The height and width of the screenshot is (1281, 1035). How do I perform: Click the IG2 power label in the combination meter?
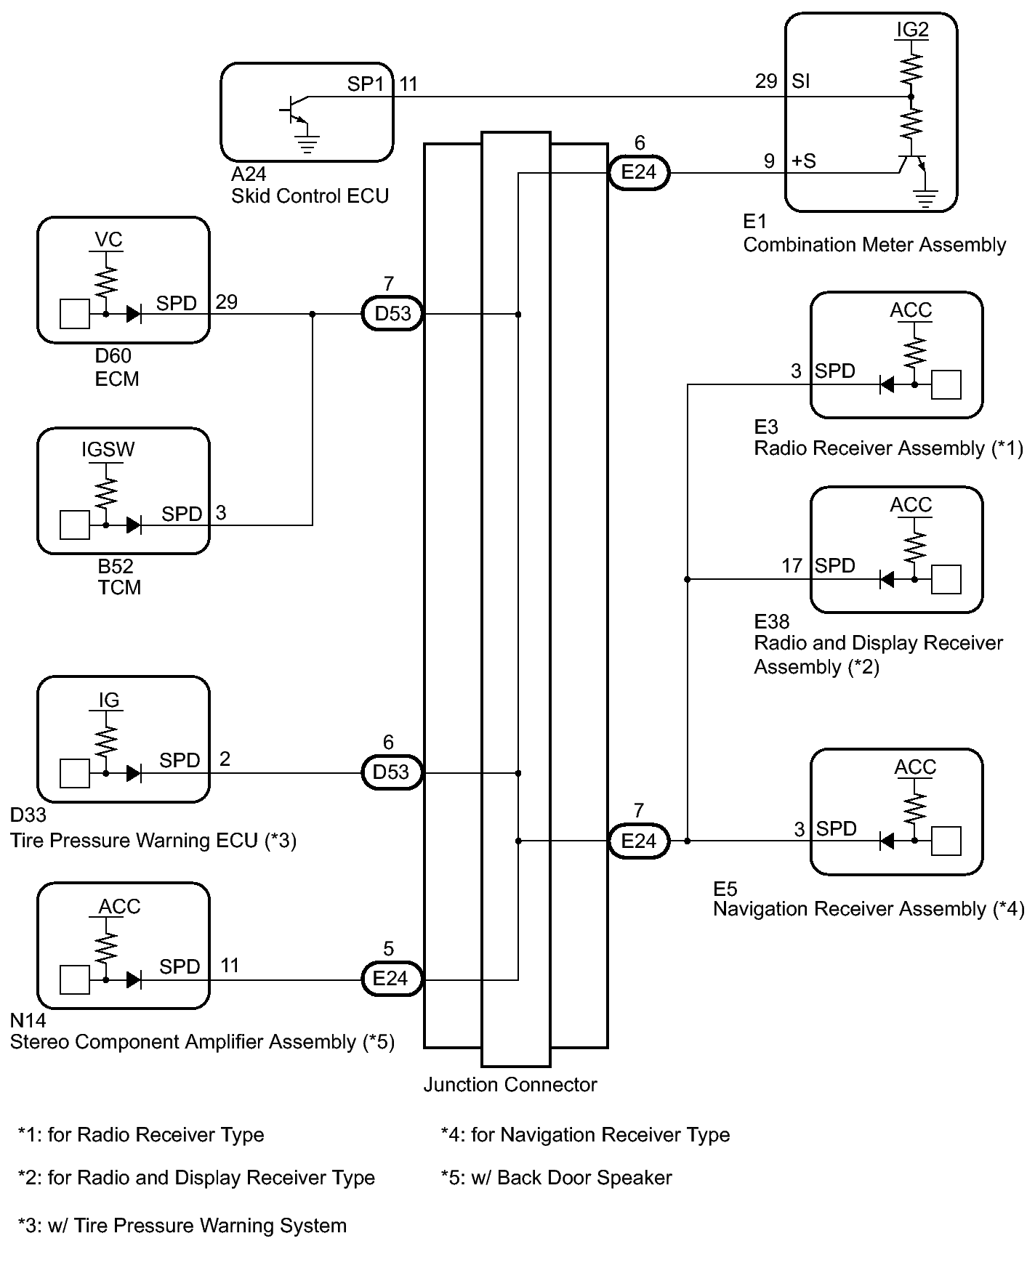(x=912, y=30)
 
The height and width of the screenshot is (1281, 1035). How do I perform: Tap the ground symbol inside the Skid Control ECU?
(x=308, y=145)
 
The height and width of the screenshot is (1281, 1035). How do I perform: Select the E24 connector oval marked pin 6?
(x=638, y=173)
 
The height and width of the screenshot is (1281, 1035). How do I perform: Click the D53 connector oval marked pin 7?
(x=392, y=314)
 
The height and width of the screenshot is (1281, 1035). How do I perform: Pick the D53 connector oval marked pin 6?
(x=391, y=772)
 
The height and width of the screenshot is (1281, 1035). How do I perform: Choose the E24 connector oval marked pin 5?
(x=391, y=978)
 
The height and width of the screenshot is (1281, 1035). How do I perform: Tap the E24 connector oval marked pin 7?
(x=638, y=841)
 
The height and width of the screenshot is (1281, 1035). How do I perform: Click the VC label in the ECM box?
(x=108, y=240)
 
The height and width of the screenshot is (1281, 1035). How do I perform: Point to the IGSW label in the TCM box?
(x=108, y=450)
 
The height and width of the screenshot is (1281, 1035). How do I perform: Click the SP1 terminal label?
(x=366, y=84)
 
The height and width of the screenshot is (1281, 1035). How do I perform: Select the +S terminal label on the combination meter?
(x=803, y=161)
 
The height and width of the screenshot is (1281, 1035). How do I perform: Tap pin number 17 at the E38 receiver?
(x=792, y=565)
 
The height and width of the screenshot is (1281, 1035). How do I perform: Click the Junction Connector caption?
(x=510, y=1085)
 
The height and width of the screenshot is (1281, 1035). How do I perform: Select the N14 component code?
(x=28, y=1020)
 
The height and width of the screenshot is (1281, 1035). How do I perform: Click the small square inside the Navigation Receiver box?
(x=946, y=841)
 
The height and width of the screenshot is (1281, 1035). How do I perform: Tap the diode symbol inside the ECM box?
(x=134, y=314)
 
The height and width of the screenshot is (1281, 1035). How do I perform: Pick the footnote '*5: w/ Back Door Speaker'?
(x=556, y=1178)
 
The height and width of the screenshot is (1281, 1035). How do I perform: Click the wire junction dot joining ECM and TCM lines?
(x=313, y=314)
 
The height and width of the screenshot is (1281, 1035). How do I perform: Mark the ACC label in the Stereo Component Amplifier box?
(x=119, y=907)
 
